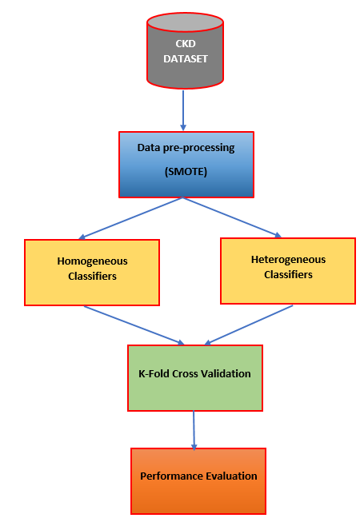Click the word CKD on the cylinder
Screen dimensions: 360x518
tap(186, 44)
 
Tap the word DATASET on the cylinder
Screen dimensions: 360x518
tap(186, 59)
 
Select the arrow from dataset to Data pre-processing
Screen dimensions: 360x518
tap(183, 110)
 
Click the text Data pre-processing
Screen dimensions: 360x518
tap(186, 148)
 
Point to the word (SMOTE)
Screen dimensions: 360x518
tap(186, 171)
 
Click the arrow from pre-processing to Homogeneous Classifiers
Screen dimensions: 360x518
tap(130, 218)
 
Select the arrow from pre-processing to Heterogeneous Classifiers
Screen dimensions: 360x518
tap(232, 217)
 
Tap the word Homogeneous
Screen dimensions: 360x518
tap(92, 261)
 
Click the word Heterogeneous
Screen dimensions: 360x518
tap(288, 260)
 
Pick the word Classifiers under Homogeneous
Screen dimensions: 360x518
tap(92, 276)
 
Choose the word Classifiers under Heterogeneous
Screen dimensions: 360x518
tap(288, 274)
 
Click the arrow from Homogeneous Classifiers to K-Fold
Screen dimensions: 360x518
tap(134, 325)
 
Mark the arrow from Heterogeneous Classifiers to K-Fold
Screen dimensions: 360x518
tap(249, 325)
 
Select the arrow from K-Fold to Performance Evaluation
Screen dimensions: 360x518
tap(194, 430)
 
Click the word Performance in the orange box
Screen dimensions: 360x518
tap(167, 476)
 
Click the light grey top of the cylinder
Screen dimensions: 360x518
tap(185, 22)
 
